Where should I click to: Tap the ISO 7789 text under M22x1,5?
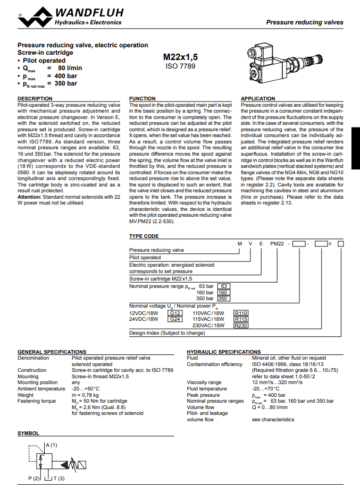[x=181, y=66]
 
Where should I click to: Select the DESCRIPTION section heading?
[x=35, y=99]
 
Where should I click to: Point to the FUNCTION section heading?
[x=143, y=99]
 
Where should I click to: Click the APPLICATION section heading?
[x=258, y=99]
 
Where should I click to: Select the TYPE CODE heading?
[x=144, y=236]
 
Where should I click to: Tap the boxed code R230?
[x=241, y=325]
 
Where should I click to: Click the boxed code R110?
[x=241, y=313]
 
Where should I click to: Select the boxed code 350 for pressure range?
[x=223, y=299]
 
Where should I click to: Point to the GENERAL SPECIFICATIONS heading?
[x=48, y=352]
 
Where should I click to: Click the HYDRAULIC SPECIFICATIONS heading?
[x=224, y=352]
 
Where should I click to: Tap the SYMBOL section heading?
[x=28, y=433]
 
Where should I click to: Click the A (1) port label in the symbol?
[x=51, y=444]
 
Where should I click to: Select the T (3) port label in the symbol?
[x=58, y=479]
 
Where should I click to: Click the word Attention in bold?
[x=30, y=197]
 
